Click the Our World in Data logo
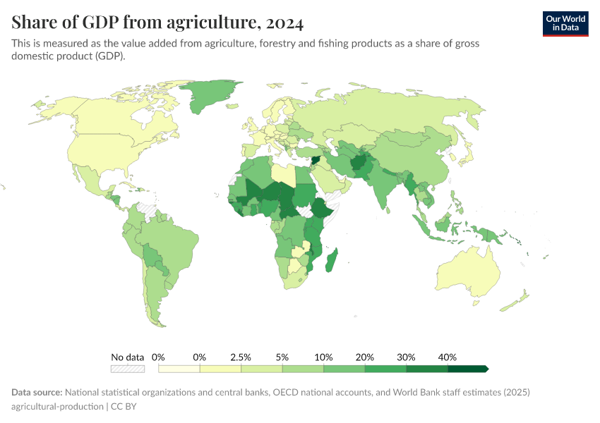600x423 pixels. pos(565,23)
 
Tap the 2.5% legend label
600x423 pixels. pos(241,357)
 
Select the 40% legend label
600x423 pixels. pos(448,357)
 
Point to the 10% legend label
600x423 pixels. pos(323,357)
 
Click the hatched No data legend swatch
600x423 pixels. pos(128,369)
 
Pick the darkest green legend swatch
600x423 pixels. pos(467,369)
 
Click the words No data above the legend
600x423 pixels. pos(128,357)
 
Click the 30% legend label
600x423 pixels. pos(406,357)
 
